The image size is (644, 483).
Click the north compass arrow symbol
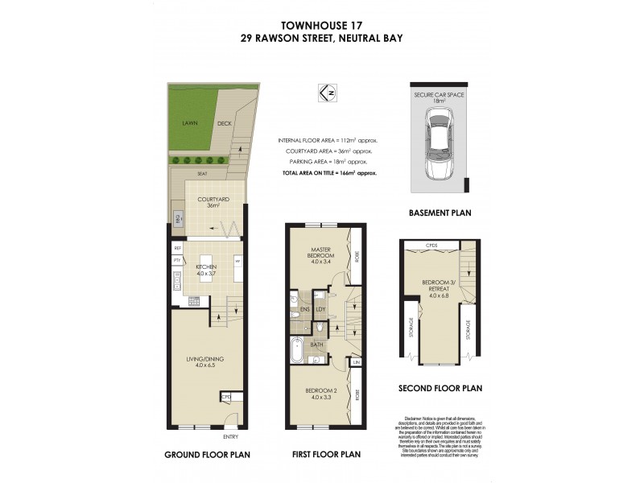[x=328, y=93]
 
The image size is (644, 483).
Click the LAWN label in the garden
[x=190, y=123]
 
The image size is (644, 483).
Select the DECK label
[x=225, y=123]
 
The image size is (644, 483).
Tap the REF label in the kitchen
[x=176, y=249]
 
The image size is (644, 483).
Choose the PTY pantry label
[x=176, y=262]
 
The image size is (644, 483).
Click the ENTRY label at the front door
[x=231, y=436]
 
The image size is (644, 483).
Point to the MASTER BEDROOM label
[x=322, y=255]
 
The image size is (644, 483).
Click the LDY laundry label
[x=320, y=308]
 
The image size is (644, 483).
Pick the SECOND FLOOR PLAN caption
[x=440, y=388]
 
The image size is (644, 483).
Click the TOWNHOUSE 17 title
[x=321, y=24]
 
